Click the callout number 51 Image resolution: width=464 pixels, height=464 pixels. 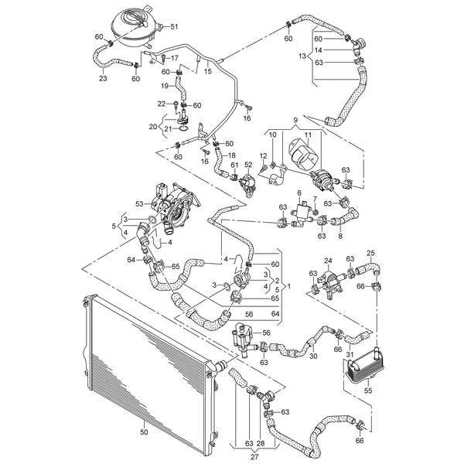[x=184, y=28]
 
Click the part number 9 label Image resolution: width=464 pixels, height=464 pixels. [x=294, y=120]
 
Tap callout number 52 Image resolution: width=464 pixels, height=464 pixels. [x=249, y=165]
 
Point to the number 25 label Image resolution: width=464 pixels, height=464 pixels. [x=370, y=253]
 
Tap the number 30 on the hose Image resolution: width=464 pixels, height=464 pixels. [x=313, y=356]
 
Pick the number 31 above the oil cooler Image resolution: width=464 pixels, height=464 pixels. [x=350, y=355]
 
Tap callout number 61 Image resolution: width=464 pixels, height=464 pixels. [x=234, y=165]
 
